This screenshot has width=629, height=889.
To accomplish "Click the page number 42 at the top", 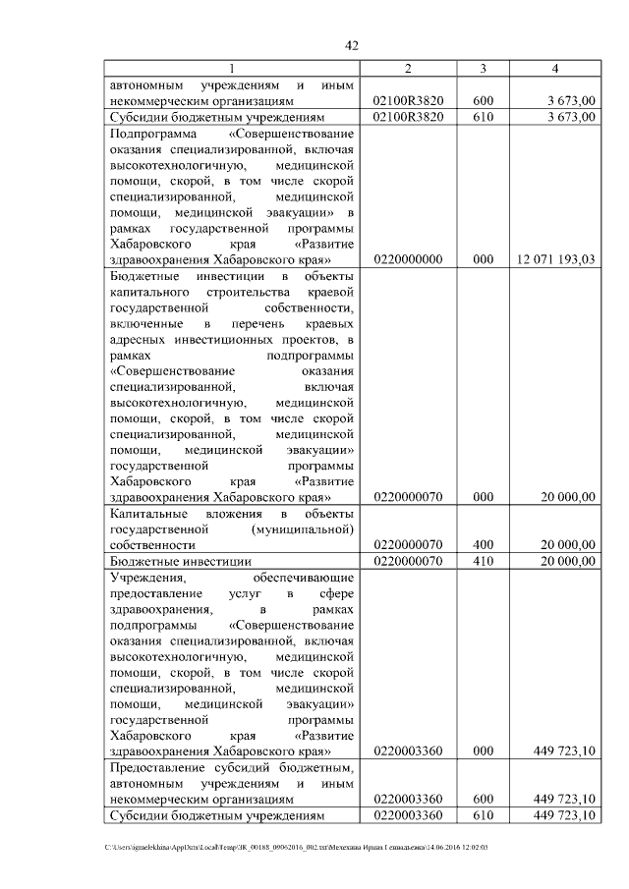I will tap(353, 45).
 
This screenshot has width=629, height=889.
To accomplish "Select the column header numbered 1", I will tap(232, 68).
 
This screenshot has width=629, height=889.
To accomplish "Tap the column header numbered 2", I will tap(409, 68).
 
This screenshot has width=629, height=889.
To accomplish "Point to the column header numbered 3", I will tap(483, 68).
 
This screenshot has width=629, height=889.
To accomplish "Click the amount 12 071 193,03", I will tap(555, 259).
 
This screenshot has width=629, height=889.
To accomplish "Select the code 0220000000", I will tap(409, 259).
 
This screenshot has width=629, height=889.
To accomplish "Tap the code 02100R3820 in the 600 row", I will tap(409, 100).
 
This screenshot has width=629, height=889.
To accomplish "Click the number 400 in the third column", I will tap(483, 544).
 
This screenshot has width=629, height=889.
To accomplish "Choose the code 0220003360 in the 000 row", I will tap(409, 751).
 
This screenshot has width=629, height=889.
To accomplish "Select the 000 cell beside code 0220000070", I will tap(483, 497).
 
